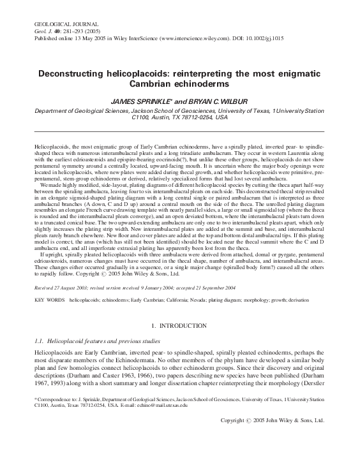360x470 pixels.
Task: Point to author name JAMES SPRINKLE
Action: point(142,101)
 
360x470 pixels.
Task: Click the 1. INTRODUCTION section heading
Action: point(179,326)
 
